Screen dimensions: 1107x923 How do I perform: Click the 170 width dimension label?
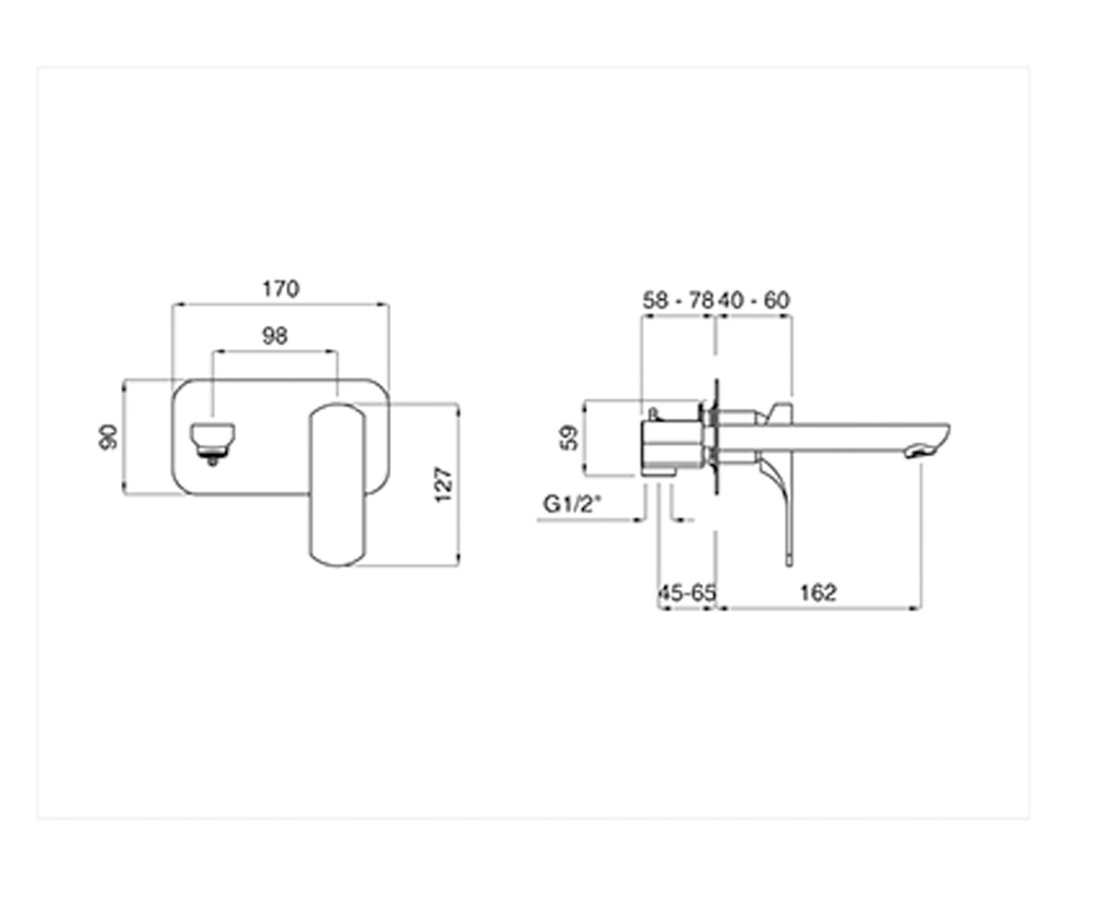tap(281, 289)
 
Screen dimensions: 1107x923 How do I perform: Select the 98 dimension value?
tap(275, 336)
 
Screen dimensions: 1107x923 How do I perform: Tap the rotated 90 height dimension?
tap(109, 438)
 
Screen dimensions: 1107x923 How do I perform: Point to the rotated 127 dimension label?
tap(443, 485)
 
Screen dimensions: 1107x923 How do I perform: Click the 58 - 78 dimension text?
tap(679, 301)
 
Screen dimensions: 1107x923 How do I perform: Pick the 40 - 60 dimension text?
tap(755, 301)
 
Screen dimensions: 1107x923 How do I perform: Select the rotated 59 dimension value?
tap(569, 438)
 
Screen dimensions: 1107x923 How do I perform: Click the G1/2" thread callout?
tap(573, 503)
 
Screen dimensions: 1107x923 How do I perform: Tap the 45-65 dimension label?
tap(687, 593)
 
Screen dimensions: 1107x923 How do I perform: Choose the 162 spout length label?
tap(818, 593)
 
